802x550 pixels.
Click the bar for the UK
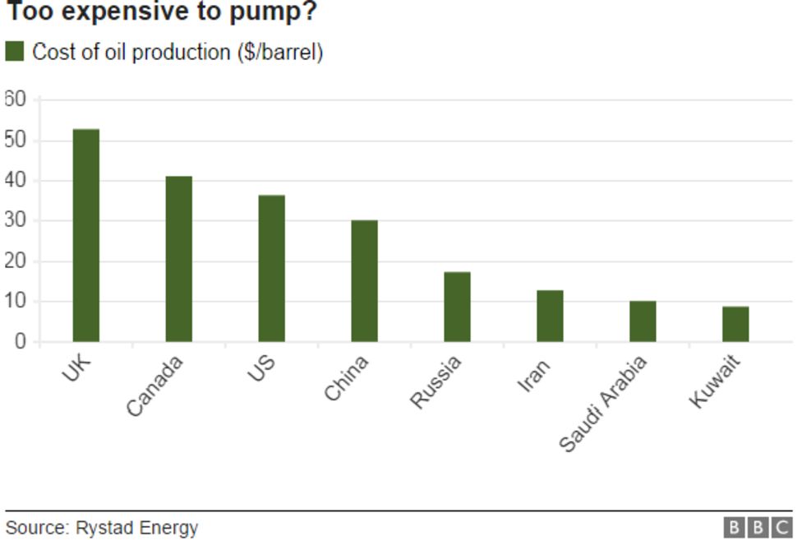pyautogui.click(x=86, y=235)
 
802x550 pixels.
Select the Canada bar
pyautogui.click(x=179, y=259)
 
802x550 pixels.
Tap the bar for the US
pyautogui.click(x=272, y=268)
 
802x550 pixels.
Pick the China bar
pyautogui.click(x=365, y=281)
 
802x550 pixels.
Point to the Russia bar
pyautogui.click(x=458, y=307)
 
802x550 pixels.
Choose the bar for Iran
pyautogui.click(x=551, y=316)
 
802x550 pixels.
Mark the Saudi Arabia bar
pyautogui.click(x=643, y=321)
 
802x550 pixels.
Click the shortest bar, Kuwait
pyautogui.click(x=736, y=324)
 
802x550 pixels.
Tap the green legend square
pyautogui.click(x=15, y=52)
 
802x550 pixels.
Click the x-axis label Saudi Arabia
pyautogui.click(x=604, y=404)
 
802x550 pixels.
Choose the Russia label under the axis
pyautogui.click(x=436, y=382)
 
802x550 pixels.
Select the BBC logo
pyautogui.click(x=757, y=527)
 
